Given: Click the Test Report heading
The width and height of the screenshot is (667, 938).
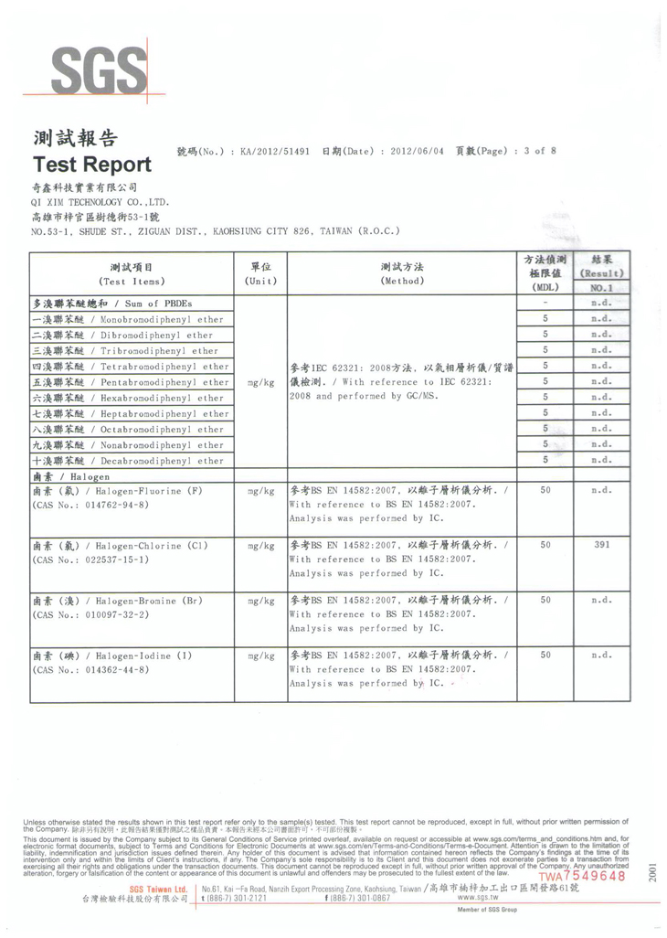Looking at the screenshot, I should click(91, 165).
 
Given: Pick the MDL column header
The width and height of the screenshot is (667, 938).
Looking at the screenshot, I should click(545, 273).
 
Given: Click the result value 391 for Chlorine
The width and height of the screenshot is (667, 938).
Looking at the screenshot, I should click(600, 545).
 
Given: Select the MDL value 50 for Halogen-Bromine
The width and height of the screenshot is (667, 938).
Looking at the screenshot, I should click(545, 600).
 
